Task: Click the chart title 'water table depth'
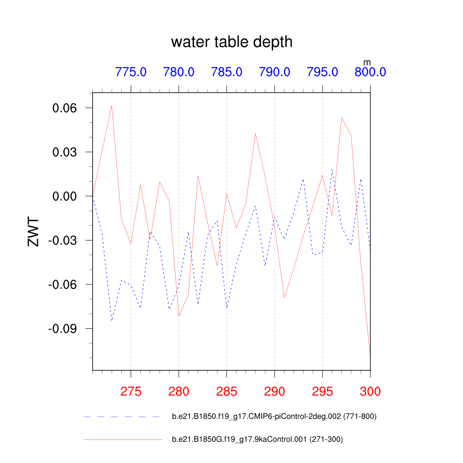click(x=231, y=42)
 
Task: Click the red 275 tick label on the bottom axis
click(x=131, y=392)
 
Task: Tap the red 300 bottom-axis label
click(x=370, y=392)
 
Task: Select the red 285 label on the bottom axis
click(x=227, y=392)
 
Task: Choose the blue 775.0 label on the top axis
click(x=131, y=72)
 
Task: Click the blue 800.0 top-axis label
click(x=370, y=72)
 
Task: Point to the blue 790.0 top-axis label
click(x=274, y=72)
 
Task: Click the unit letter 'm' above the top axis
click(x=367, y=61)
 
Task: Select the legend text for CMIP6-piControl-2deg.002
click(x=274, y=416)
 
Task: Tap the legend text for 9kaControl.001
click(x=260, y=439)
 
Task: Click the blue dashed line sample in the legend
click(x=122, y=416)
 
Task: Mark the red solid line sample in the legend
click(x=122, y=439)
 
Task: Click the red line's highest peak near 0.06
click(x=112, y=105)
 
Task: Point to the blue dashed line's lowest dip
click(x=112, y=321)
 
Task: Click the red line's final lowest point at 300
click(x=370, y=358)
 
